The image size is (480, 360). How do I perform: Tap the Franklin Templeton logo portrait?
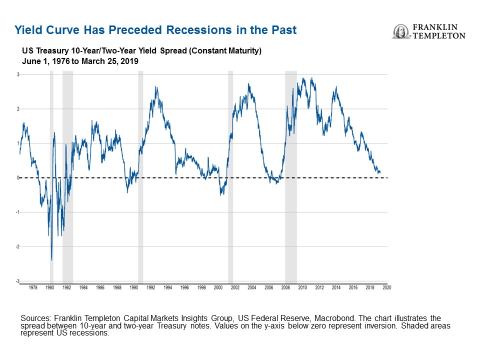tap(400, 31)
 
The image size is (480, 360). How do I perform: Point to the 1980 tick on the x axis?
tap(50, 288)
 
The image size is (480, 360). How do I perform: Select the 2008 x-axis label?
tap(285, 288)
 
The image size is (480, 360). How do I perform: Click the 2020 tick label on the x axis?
tap(386, 288)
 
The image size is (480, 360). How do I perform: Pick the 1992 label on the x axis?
tap(150, 288)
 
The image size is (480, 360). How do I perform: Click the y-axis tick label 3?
tap(17, 74)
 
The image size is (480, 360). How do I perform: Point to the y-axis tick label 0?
tap(17, 178)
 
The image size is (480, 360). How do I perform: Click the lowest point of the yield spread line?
tap(51, 260)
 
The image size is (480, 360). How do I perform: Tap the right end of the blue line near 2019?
tap(380, 172)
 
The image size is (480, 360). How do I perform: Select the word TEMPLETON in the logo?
tap(438, 35)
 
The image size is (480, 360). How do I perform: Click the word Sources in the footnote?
tap(35, 318)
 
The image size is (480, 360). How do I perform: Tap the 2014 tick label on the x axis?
tap(336, 288)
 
